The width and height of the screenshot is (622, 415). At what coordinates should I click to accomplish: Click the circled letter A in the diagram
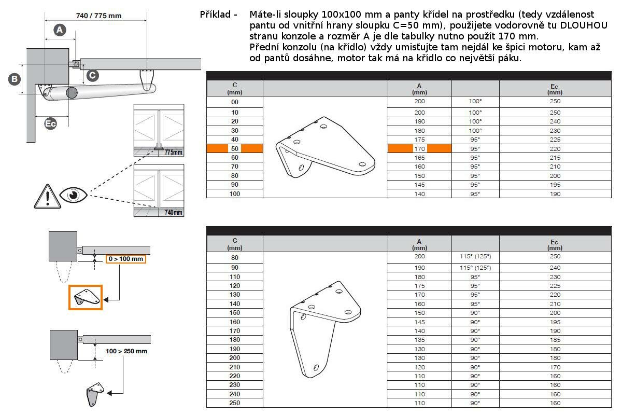tap(60, 30)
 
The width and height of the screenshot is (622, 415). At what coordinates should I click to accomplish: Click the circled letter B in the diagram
tap(15, 79)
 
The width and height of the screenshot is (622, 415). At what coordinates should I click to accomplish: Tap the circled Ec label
tap(51, 123)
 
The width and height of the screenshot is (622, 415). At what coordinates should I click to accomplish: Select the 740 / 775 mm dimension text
tap(98, 16)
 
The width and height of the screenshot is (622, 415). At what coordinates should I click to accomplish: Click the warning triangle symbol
tap(48, 197)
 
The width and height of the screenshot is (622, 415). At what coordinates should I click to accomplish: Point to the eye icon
tap(73, 195)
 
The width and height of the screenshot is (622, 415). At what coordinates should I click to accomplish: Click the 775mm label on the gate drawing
tap(174, 153)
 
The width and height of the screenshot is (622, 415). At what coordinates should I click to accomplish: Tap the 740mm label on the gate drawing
tap(174, 212)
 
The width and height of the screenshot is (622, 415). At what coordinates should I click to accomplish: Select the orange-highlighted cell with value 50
tap(235, 148)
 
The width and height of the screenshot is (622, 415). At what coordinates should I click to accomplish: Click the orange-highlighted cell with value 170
tap(419, 149)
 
